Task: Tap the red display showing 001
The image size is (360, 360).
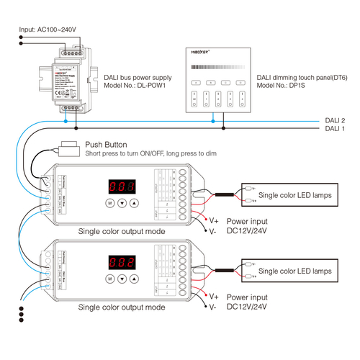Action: click(122, 187)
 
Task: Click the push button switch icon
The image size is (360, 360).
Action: click(70, 149)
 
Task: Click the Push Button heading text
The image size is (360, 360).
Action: click(106, 145)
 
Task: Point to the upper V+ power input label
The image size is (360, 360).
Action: click(214, 221)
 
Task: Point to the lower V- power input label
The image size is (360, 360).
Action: click(213, 307)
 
